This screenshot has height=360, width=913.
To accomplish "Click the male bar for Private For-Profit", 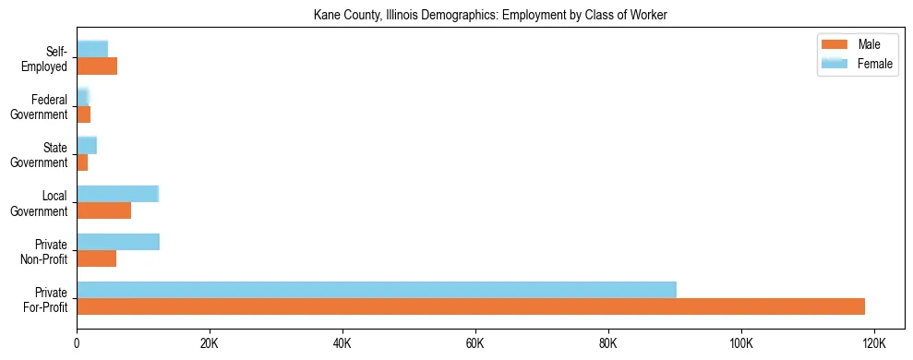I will coord(471,306).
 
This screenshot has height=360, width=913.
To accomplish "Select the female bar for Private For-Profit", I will coord(377,290).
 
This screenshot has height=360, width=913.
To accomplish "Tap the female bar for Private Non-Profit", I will coord(118,242).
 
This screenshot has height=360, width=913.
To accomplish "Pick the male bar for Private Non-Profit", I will coord(97,258).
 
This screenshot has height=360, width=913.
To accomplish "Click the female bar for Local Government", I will coord(118,194).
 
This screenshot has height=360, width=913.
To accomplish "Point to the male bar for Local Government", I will coord(104,210).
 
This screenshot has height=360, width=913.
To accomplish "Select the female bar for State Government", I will coord(87,145).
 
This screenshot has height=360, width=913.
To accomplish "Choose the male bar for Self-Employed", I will coord(97,66).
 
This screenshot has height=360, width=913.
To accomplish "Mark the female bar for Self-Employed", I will coord(92,49).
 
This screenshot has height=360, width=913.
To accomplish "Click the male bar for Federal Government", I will coord(84,114).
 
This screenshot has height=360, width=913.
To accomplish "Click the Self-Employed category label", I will coord(46,58).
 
